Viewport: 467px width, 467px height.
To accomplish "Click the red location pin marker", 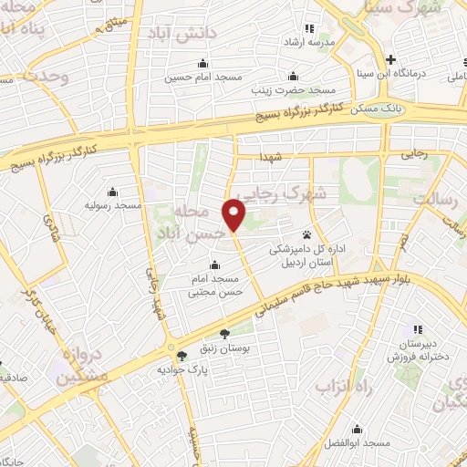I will [x=234, y=214].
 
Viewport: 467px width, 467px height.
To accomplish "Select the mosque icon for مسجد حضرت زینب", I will [x=293, y=76].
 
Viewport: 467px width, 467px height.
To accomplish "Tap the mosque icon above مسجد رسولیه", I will [x=111, y=192].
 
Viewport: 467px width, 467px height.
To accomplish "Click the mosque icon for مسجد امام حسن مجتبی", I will [x=214, y=265].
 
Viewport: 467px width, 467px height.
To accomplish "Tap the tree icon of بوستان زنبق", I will [x=224, y=335].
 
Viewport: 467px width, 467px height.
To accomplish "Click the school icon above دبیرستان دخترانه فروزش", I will [x=418, y=328].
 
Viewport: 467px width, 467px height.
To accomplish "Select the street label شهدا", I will [x=273, y=157].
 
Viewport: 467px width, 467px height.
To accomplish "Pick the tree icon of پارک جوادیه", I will [x=182, y=356].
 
